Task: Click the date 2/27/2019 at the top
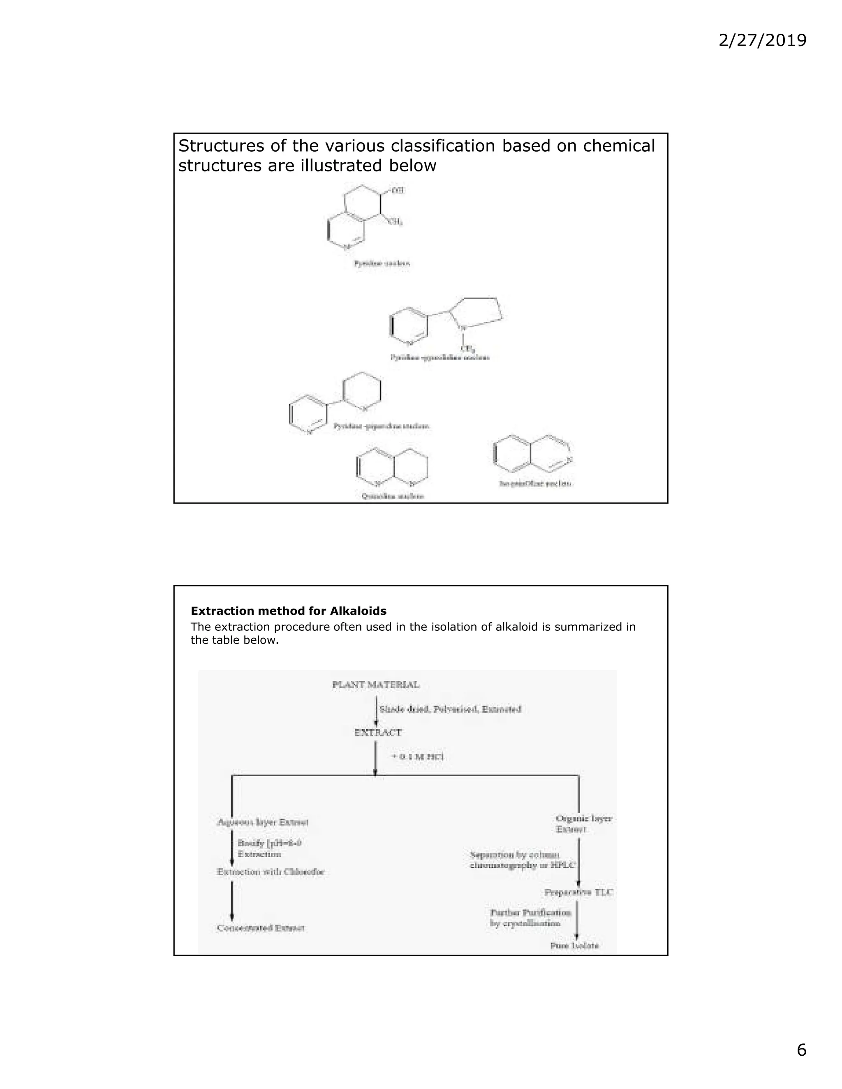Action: pos(762,40)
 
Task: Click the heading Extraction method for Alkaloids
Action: pos(288,611)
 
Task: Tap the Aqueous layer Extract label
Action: pos(263,822)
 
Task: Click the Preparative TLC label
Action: pos(578,892)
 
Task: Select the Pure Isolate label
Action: pos(574,946)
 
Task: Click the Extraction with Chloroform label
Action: pos(271,872)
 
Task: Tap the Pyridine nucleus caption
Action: pos(382,263)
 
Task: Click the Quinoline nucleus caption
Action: pos(393,496)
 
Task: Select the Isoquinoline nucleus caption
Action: pos(535,484)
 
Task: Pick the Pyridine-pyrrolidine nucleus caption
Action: pos(440,357)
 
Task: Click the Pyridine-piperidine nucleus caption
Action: pos(382,426)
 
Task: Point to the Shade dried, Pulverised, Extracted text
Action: pos(450,709)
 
